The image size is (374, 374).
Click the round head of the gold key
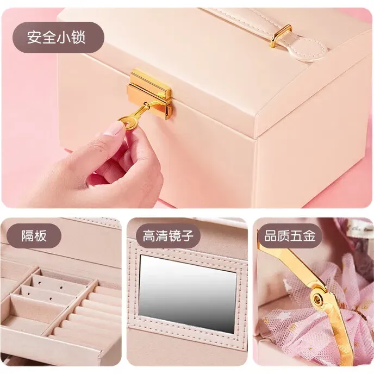coord(126,122)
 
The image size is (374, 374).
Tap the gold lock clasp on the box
coord(150,93)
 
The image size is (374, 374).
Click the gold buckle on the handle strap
coord(280,36)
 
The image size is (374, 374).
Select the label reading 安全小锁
coord(57,37)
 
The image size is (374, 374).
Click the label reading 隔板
coord(34,236)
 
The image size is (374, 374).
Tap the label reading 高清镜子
coord(168,236)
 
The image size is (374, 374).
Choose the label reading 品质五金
coord(290,236)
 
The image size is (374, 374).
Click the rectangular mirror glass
coord(188,294)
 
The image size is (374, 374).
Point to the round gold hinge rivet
coord(317,298)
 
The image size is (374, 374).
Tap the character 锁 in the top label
coord(78,37)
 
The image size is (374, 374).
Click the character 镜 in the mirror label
coord(176,236)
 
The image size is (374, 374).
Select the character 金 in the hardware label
coord(309,236)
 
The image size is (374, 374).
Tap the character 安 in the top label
coord(34,37)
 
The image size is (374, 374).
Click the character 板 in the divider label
coord(40,236)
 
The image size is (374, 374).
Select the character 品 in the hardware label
coord(271,236)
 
